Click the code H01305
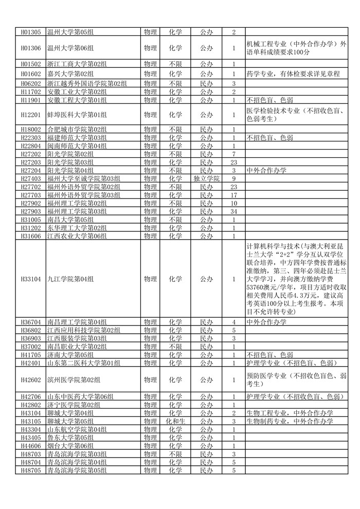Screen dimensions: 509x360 click(x=30, y=32)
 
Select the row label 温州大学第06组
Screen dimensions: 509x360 click(x=70, y=48)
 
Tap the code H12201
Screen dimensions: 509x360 click(x=30, y=115)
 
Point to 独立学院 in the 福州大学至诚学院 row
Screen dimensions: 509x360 click(x=206, y=178)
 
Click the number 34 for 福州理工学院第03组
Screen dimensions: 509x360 click(x=233, y=211)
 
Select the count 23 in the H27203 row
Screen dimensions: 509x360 click(x=233, y=162)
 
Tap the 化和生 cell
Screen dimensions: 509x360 click(x=175, y=421)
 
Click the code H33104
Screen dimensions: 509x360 click(x=30, y=279)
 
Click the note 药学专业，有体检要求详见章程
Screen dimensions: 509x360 click(x=293, y=74)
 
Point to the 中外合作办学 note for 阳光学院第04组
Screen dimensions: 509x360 click(x=266, y=170)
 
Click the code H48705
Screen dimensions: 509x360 click(x=30, y=470)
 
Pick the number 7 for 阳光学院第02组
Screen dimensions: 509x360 click(x=233, y=154)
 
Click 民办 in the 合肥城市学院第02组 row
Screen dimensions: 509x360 click(x=206, y=130)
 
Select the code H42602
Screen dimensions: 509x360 click(x=30, y=380)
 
